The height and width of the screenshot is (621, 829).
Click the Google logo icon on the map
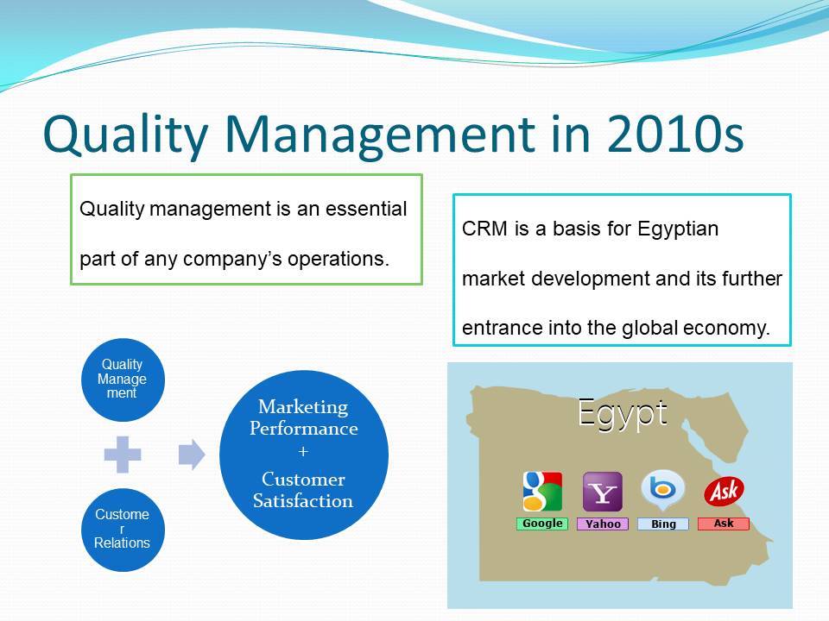tap(542, 492)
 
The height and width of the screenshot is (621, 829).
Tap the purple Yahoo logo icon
tap(603, 492)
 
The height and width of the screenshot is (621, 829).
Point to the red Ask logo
tap(724, 491)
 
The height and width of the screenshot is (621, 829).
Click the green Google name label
tap(542, 524)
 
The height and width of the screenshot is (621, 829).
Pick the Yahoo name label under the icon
tap(603, 524)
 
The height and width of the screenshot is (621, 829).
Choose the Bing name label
tap(663, 524)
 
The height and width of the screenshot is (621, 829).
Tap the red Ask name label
tap(724, 524)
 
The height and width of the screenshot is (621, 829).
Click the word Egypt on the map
tap(623, 414)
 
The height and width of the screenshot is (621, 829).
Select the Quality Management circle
tap(123, 379)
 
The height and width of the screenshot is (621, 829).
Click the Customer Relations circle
tap(123, 530)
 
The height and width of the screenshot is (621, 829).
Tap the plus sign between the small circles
tap(123, 455)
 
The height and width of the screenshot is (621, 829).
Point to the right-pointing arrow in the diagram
tap(192, 455)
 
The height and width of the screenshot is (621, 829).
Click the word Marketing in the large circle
tap(303, 406)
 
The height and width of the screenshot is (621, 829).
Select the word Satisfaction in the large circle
tap(303, 500)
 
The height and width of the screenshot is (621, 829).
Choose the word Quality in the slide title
tap(126, 135)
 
